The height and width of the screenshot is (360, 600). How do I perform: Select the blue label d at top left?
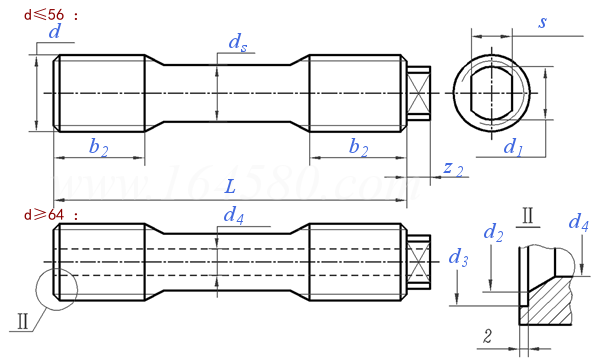(55, 31)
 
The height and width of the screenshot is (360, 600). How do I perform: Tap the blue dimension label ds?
(238, 42)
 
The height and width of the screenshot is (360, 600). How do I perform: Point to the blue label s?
(542, 22)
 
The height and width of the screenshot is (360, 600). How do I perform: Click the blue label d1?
(513, 147)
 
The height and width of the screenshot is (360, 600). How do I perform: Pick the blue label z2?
(453, 168)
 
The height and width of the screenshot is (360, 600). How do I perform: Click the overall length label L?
(230, 187)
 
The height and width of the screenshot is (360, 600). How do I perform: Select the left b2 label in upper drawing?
(98, 147)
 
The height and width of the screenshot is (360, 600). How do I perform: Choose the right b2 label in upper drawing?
(359, 147)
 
